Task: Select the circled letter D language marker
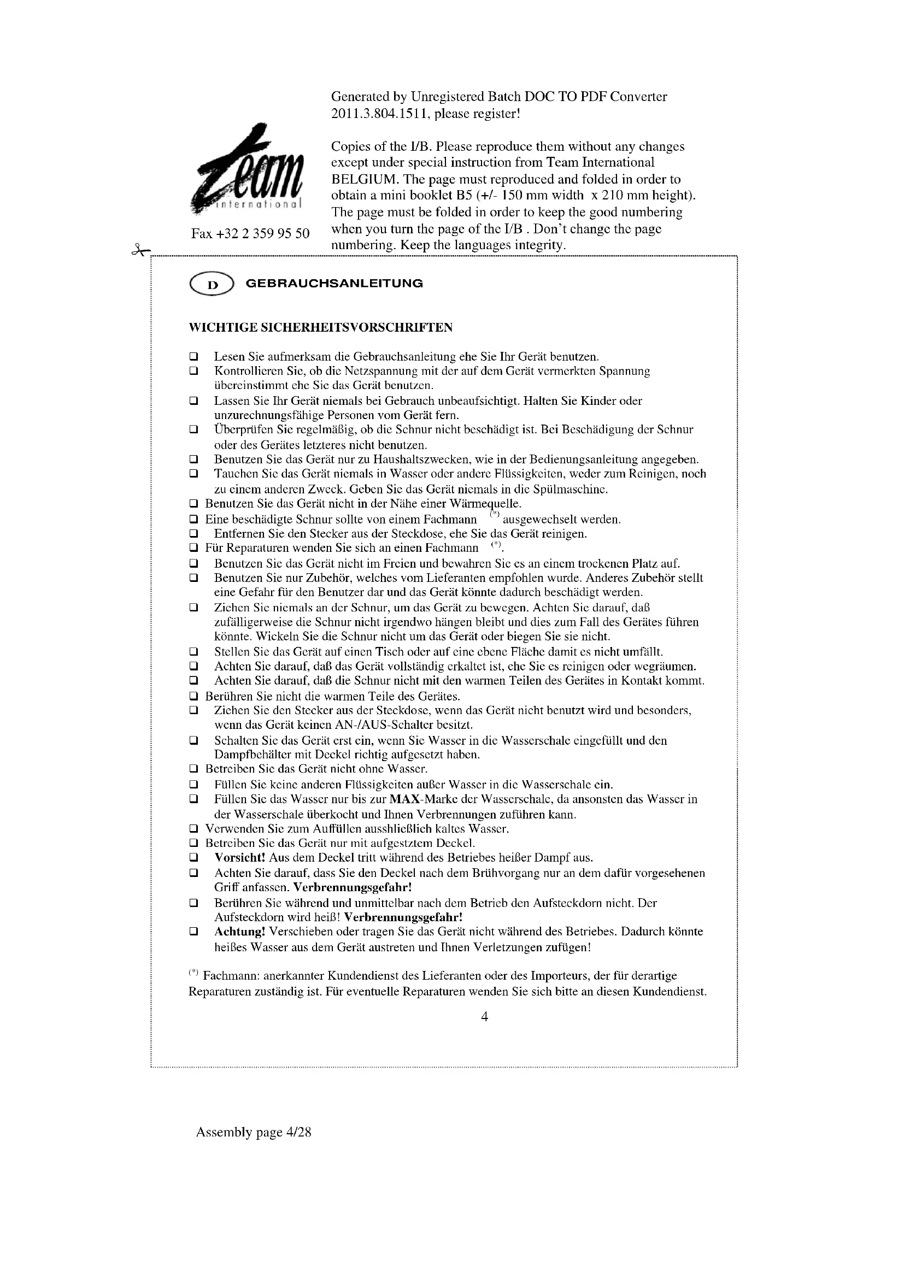[212, 285]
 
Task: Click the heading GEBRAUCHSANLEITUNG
[334, 284]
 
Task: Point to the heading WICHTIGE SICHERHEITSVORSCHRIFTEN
[321, 327]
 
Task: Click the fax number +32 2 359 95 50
[250, 233]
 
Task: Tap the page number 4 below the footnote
[484, 1016]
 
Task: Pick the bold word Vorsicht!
[240, 858]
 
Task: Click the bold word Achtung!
[240, 931]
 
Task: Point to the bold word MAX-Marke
[418, 799]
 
